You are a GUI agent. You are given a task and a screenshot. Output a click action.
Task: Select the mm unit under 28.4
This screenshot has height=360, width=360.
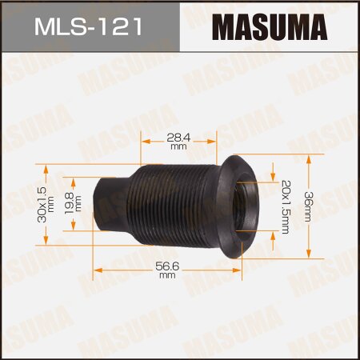tap(178, 147)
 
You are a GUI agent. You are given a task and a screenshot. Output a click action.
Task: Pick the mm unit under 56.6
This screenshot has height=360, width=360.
tap(166, 276)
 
